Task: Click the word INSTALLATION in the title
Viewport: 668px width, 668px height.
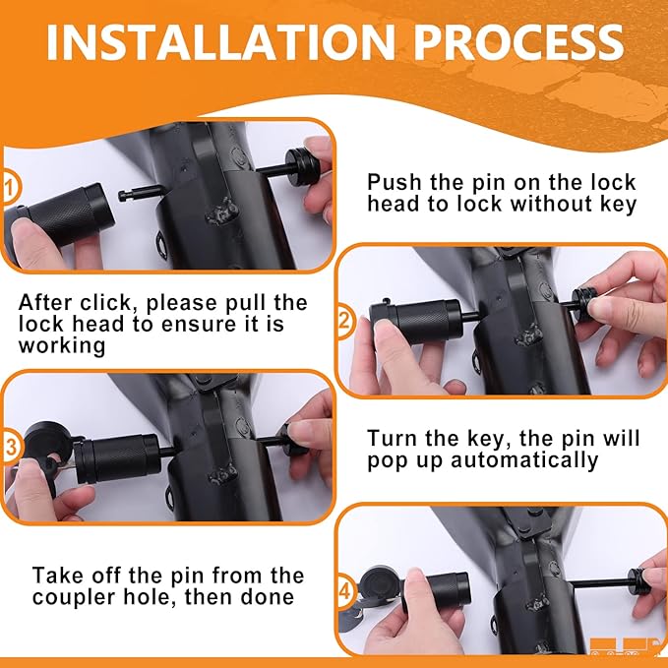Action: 220,41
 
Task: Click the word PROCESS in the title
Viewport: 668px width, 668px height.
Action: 518,41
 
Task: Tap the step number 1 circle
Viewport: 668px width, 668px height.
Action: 10,188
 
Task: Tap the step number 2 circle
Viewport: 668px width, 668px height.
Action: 344,321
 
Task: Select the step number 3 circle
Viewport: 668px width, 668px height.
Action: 10,448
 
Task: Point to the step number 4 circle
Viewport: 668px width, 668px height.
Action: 345,591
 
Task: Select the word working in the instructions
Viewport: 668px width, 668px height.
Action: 62,346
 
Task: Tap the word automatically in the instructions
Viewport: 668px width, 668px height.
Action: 524,460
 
